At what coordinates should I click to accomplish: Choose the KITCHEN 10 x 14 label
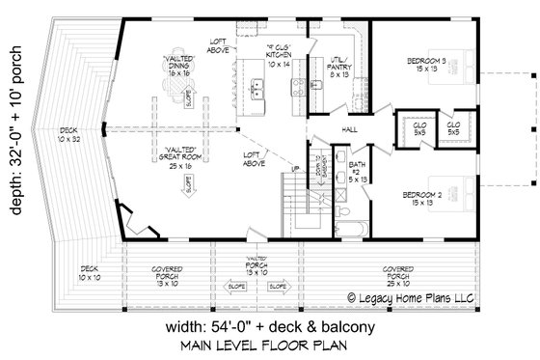[283, 62]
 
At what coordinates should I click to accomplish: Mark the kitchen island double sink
[258, 92]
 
